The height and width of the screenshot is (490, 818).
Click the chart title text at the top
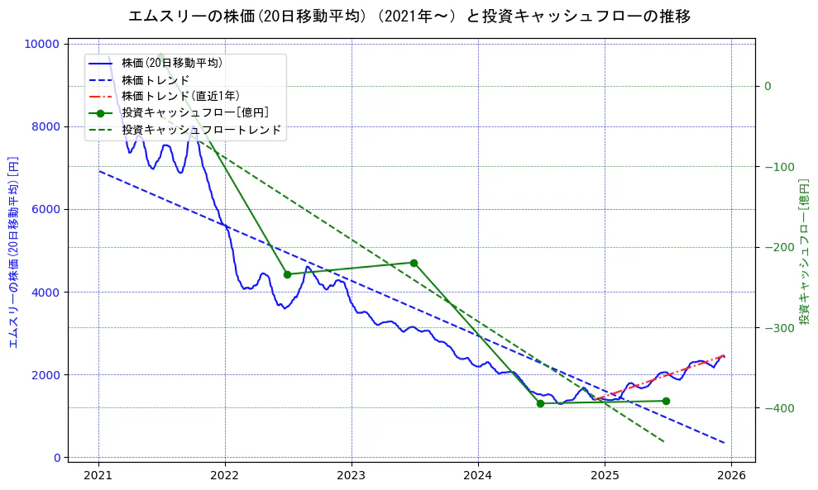[x=409, y=16]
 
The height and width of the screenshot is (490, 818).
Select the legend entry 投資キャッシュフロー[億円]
[x=194, y=113]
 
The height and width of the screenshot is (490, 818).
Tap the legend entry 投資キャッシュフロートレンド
[x=201, y=130]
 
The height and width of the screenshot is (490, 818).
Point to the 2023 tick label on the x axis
[x=352, y=476]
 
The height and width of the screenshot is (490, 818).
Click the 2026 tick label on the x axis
[x=731, y=476]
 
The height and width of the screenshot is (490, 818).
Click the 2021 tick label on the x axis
[x=98, y=476]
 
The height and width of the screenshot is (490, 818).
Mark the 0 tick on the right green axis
[x=768, y=86]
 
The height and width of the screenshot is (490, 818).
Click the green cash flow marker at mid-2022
[x=287, y=274]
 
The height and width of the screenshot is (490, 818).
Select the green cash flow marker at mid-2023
[x=414, y=263]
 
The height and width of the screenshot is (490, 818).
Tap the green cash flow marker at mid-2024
[x=540, y=403]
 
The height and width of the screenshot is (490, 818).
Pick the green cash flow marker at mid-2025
[x=666, y=401]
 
